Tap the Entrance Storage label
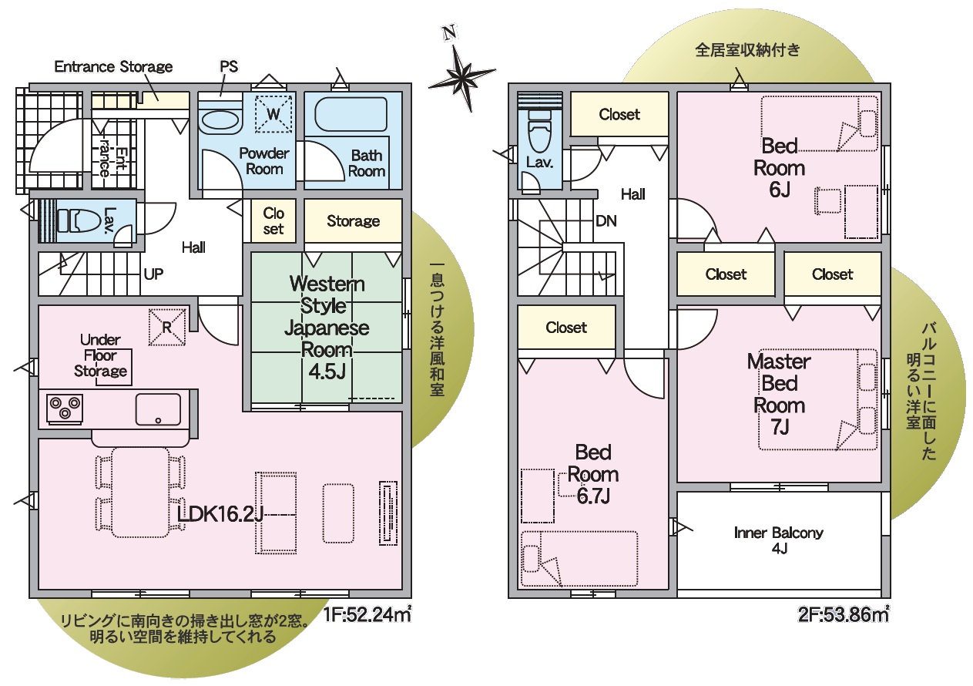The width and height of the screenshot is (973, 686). tap(113, 66)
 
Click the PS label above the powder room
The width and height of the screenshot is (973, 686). tap(229, 66)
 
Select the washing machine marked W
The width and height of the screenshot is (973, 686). tap(273, 114)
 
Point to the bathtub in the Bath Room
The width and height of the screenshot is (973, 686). tap(351, 114)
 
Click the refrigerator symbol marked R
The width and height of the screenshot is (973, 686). tap(167, 327)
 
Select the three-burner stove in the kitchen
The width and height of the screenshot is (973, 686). tap(65, 409)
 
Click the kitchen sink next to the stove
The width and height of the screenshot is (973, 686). tap(158, 409)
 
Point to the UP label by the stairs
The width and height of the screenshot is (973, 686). tap(153, 274)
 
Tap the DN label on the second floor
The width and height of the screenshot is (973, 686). tap(606, 221)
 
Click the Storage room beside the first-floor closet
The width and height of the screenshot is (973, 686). tap(353, 221)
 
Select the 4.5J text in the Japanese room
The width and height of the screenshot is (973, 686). tap(327, 372)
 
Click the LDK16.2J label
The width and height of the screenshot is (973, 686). tap(220, 514)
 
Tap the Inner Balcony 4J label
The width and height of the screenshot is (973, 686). tap(778, 540)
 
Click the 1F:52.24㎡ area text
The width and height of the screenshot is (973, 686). tap(367, 615)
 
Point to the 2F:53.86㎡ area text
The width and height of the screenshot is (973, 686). tap(844, 615)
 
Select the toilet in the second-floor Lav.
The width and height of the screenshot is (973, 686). tap(539, 130)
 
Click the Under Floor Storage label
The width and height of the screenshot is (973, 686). tap(100, 355)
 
